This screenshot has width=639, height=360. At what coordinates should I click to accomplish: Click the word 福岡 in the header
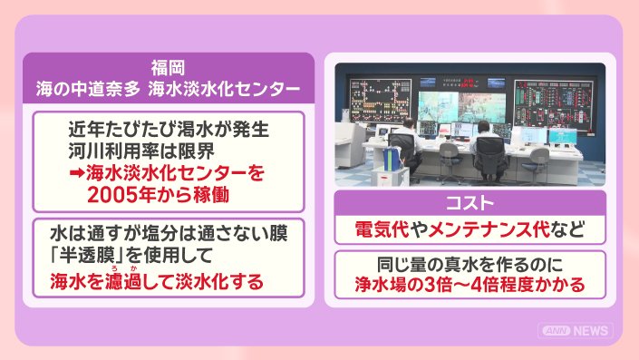pyautogui.click(x=169, y=68)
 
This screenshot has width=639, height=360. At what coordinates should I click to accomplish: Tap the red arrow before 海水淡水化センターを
pyautogui.click(x=77, y=173)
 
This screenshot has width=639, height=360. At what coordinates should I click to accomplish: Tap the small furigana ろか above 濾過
pyautogui.click(x=123, y=268)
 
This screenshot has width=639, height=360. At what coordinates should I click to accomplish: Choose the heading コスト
pyautogui.click(x=470, y=203)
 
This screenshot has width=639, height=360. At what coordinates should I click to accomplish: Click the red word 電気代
pyautogui.click(x=382, y=229)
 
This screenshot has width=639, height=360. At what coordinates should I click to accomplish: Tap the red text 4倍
pyautogui.click(x=484, y=285)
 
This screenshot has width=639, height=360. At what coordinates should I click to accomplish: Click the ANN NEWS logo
pyautogui.click(x=576, y=330)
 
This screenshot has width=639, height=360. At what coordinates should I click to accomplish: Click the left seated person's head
pyautogui.click(x=409, y=122)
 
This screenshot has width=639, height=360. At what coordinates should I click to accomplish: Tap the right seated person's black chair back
pyautogui.click(x=490, y=151)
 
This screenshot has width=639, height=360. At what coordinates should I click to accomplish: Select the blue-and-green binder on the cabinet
pyautogui.click(x=392, y=159)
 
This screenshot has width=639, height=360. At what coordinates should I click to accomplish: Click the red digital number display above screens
pyautogui.click(x=468, y=83)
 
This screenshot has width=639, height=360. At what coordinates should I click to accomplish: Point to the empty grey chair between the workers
pyautogui.click(x=450, y=154)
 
